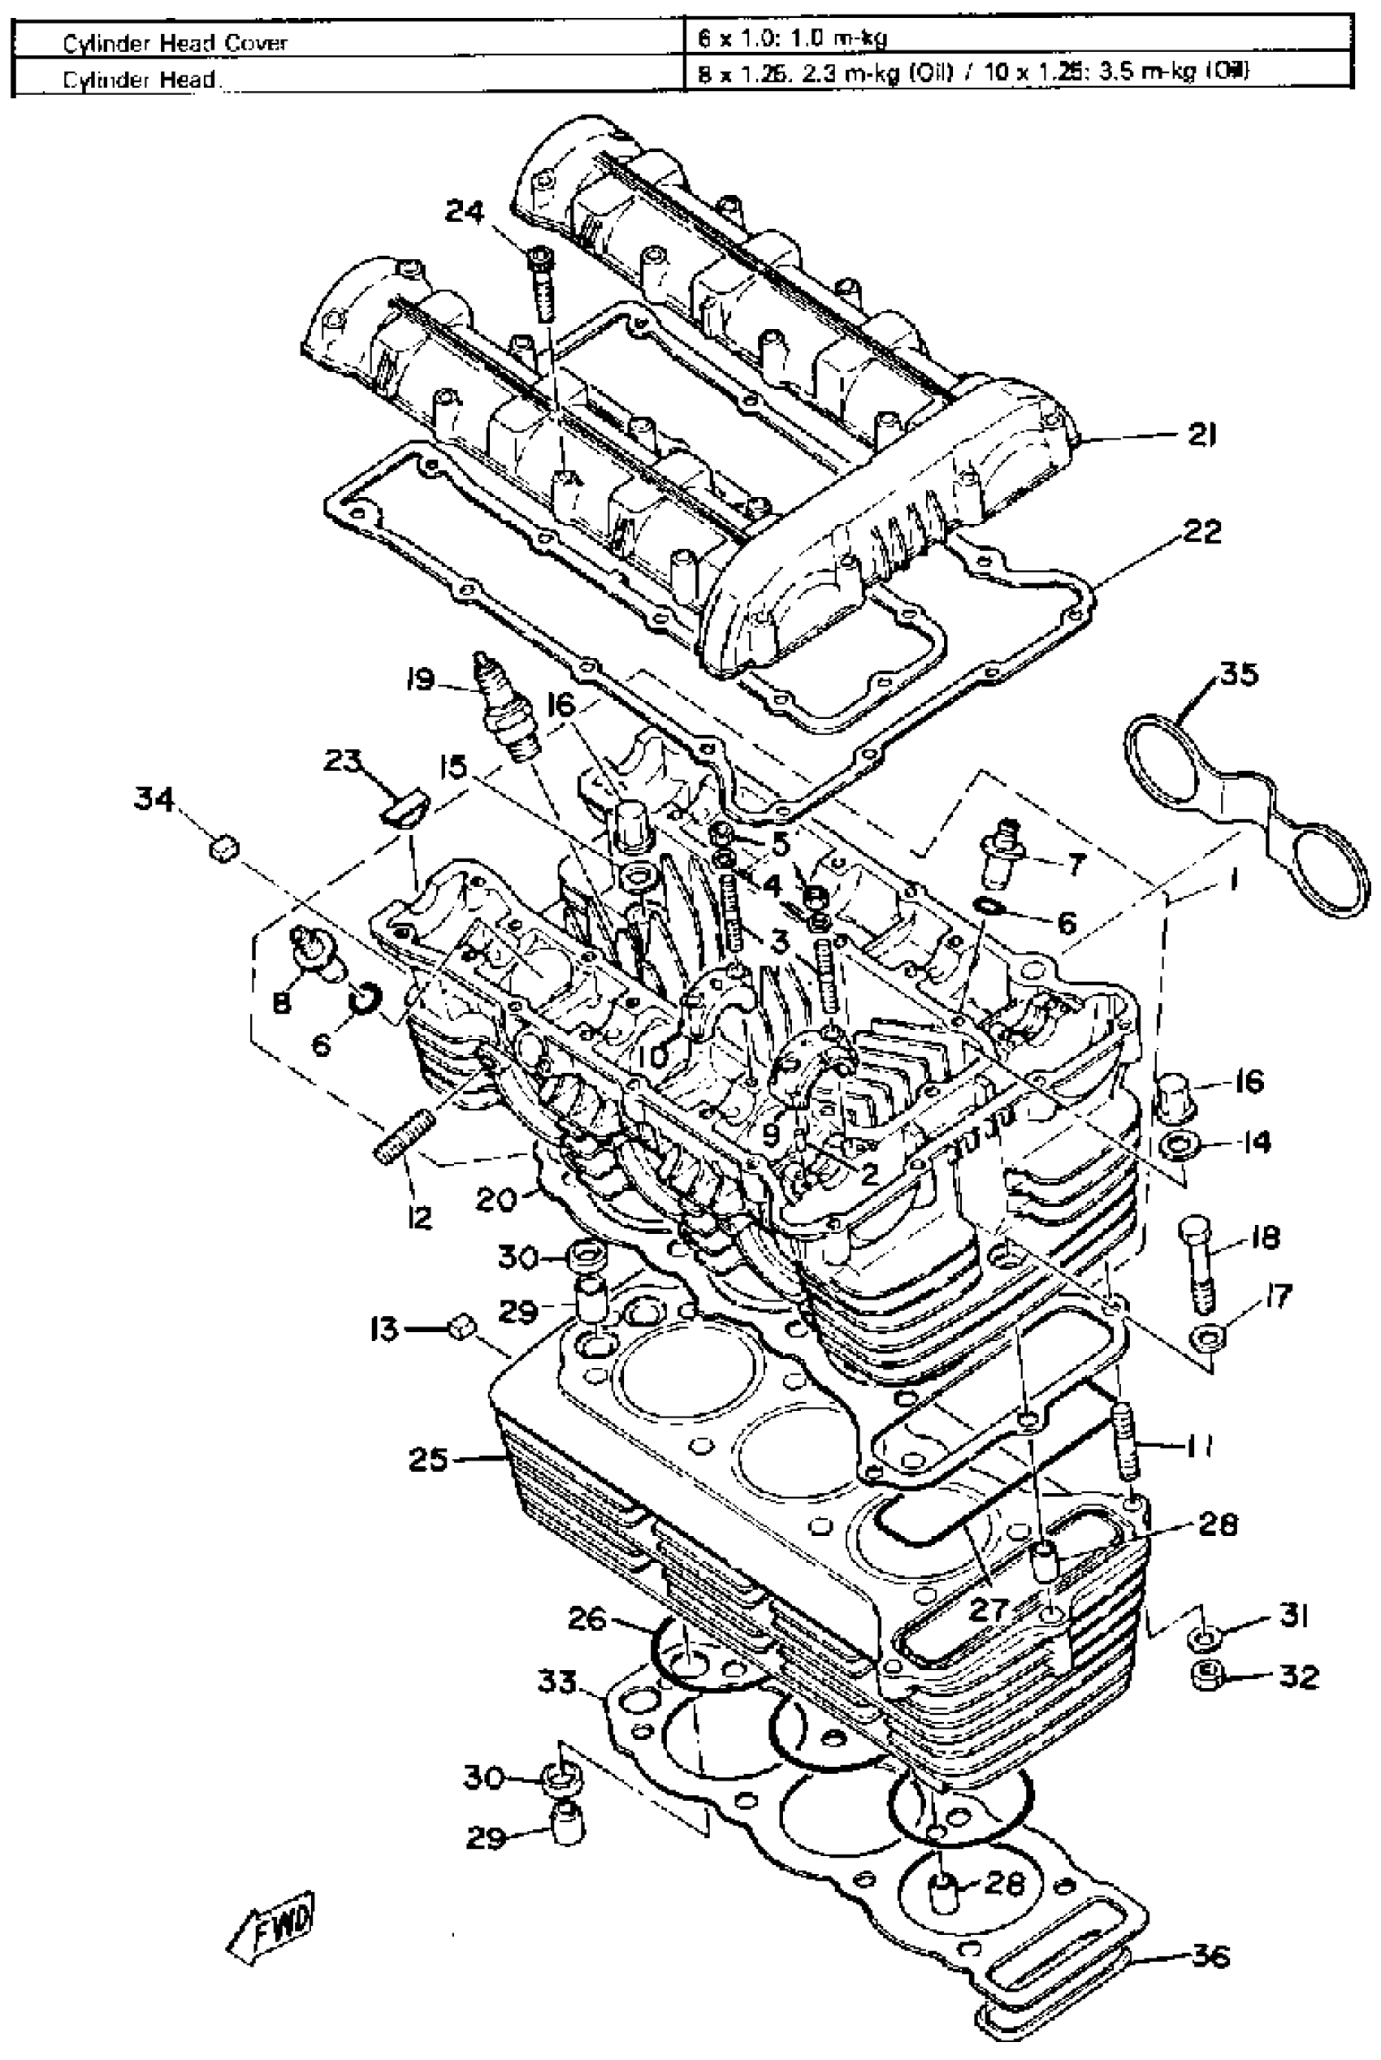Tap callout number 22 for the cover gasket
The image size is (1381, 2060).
(1202, 531)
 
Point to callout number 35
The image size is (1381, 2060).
(1238, 675)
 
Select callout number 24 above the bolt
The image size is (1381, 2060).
(464, 211)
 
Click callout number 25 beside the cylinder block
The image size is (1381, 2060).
(430, 1460)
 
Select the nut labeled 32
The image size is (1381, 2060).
(1205, 1677)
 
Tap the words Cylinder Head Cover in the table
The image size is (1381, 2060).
(175, 42)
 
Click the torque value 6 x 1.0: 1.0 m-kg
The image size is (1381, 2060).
(792, 38)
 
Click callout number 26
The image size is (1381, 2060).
(587, 1619)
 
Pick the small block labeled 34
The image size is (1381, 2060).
(223, 850)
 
